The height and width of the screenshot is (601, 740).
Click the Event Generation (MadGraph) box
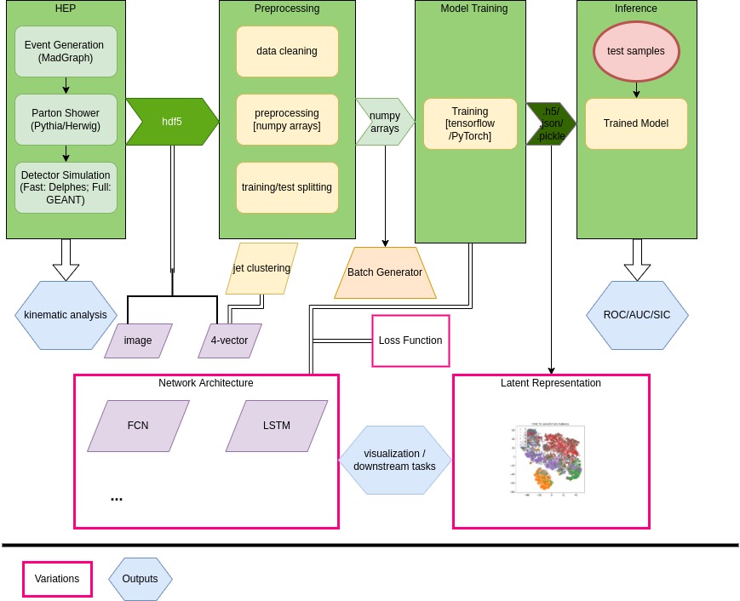coord(66,51)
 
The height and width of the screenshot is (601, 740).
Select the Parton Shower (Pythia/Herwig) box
coord(66,119)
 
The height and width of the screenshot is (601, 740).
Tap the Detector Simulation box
coord(66,187)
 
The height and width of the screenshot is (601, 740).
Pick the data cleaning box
coord(287,51)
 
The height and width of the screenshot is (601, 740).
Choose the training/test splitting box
coord(287,187)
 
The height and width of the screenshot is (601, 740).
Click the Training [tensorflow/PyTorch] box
coord(470,123)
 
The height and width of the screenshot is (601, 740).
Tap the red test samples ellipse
coord(636,51)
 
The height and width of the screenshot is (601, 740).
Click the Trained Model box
coord(636,123)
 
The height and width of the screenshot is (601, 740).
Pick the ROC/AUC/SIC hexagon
coord(637,315)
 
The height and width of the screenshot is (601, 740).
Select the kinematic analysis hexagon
coord(66,315)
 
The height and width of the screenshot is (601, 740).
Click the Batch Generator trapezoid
coord(385,272)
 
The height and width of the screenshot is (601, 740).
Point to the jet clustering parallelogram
coord(261,268)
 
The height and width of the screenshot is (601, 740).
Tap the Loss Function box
coord(410,341)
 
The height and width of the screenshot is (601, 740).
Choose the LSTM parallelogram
coord(277,426)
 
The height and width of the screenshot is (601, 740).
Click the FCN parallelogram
coord(138,426)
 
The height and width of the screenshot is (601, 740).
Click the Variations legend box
coord(57,579)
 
